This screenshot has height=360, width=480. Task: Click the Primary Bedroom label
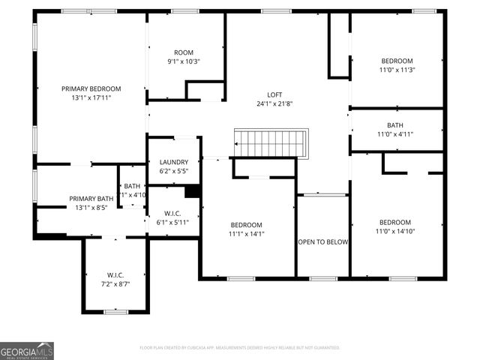(91, 88)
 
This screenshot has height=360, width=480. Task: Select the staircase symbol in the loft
(271, 143)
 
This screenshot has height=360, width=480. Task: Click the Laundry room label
(173, 162)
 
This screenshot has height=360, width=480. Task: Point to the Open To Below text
(322, 241)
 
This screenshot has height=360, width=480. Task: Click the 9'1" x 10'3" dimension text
(184, 61)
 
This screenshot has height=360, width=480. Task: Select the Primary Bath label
(91, 199)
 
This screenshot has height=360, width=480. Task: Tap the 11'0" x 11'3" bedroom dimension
(397, 70)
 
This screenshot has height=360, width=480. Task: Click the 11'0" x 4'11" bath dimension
(394, 134)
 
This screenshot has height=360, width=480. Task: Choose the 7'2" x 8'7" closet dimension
(115, 283)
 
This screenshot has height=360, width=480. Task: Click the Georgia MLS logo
(27, 349)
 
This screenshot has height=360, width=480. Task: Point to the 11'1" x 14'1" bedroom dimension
(246, 233)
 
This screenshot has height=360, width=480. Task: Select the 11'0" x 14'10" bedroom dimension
(394, 231)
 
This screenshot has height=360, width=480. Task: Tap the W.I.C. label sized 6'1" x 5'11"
(172, 213)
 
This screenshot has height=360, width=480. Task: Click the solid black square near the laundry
(192, 190)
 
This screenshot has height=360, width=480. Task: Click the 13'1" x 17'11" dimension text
(91, 97)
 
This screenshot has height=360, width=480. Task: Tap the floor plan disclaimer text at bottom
(240, 347)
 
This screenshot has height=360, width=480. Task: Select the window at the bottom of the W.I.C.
(115, 311)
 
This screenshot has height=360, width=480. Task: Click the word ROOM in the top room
(183, 52)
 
